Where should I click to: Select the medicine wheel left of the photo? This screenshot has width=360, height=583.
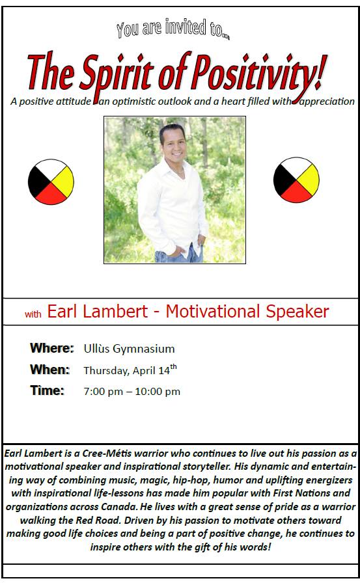tap(51, 182)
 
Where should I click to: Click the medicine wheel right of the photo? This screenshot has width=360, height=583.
tap(296, 180)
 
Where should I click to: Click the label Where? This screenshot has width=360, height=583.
tap(52, 348)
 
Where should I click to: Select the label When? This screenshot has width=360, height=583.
tap(50, 370)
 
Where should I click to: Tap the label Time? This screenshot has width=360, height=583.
tap(48, 390)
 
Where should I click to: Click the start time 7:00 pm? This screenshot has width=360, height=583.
tap(103, 392)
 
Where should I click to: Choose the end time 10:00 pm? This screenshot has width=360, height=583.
tap(158, 392)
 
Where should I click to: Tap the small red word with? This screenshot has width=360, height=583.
tap(33, 314)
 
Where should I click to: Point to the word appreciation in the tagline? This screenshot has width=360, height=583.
tap(327, 102)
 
